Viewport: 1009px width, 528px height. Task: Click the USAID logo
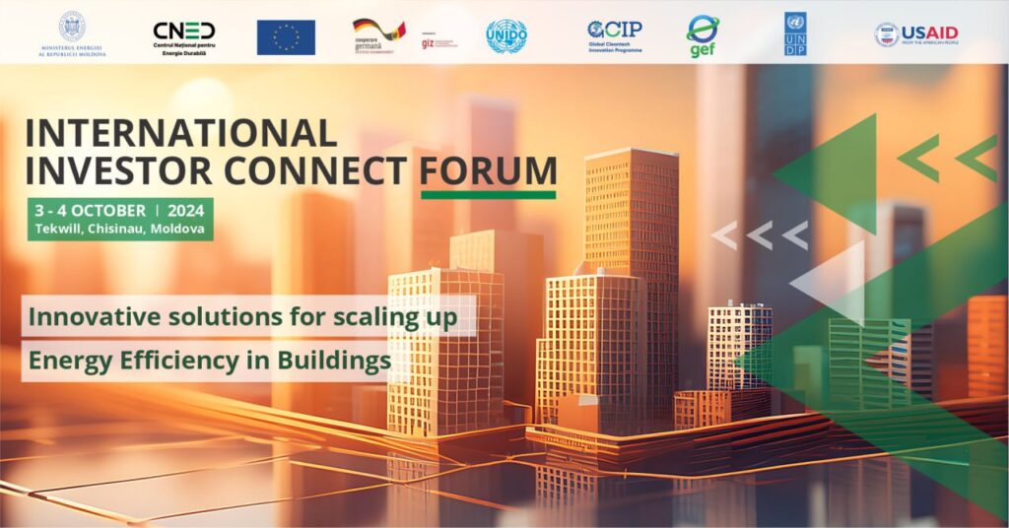[915, 34]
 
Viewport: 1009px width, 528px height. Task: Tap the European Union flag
[286, 36]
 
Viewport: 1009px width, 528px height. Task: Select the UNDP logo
[795, 33]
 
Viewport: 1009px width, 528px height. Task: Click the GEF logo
[703, 35]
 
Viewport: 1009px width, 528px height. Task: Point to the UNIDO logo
[506, 35]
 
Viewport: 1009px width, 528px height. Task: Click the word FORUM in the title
[488, 169]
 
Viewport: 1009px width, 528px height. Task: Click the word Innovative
[88, 318]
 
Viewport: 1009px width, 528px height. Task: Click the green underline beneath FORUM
[488, 194]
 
